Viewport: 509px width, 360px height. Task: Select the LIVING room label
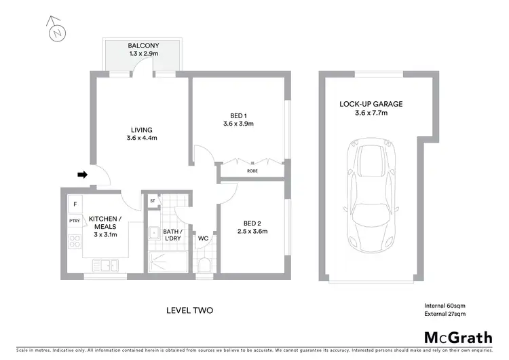tap(141, 130)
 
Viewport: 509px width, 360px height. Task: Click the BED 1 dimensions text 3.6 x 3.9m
tap(238, 124)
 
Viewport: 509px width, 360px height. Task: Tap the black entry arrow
tap(82, 175)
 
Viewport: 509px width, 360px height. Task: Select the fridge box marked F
tap(73, 204)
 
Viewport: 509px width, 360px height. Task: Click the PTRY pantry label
tap(74, 221)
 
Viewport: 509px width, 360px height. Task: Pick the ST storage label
tap(153, 200)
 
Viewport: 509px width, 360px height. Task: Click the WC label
tap(203, 239)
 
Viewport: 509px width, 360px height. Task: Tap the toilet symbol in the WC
tap(204, 264)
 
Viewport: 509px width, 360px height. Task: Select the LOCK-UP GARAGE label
tap(371, 104)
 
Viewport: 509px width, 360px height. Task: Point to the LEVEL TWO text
tap(190, 310)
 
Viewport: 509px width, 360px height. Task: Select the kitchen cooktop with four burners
tap(74, 243)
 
